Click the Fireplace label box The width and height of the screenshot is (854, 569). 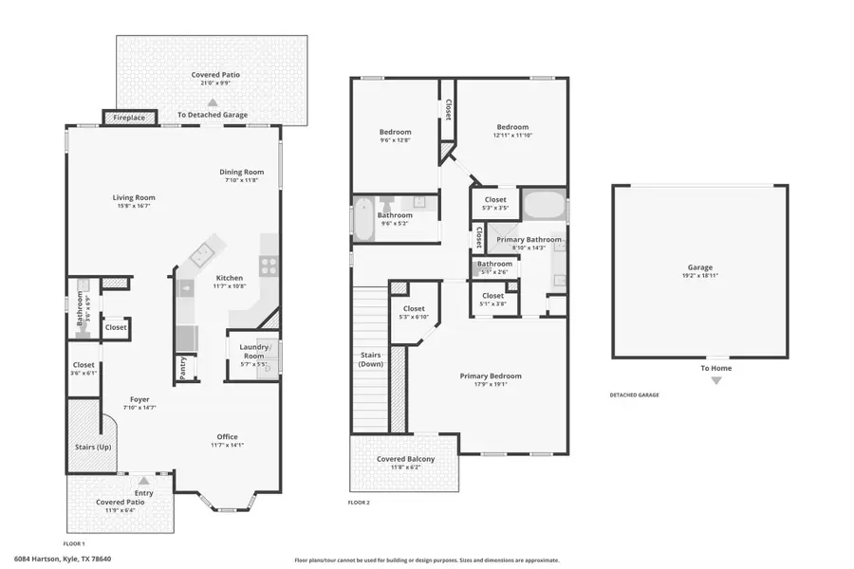click(x=129, y=118)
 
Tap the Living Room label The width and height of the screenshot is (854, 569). click(x=135, y=198)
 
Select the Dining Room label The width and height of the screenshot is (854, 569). click(x=242, y=172)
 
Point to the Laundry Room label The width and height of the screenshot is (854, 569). click(x=252, y=351)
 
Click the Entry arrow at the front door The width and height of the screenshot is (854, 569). click(x=143, y=481)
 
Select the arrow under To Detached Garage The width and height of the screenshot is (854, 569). click(x=213, y=101)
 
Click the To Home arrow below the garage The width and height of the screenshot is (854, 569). click(x=716, y=380)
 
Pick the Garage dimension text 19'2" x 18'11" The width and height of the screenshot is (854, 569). click(x=700, y=276)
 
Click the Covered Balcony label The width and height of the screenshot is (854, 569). click(x=405, y=459)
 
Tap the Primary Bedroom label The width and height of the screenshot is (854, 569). click(x=491, y=376)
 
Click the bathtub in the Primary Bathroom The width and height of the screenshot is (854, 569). click(x=544, y=206)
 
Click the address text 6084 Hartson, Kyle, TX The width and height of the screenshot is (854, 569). click(x=63, y=560)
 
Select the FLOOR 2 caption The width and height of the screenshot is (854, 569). click(x=359, y=502)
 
